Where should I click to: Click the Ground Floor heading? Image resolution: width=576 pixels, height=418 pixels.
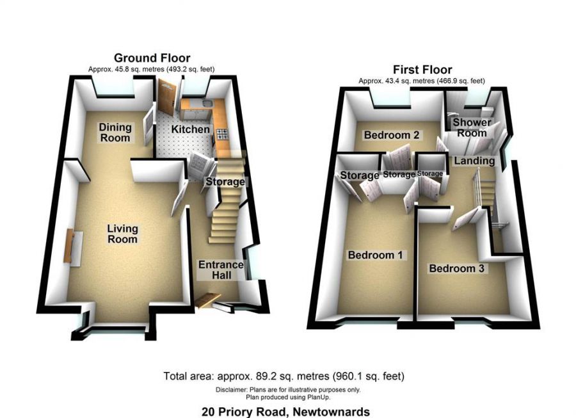point(152,58)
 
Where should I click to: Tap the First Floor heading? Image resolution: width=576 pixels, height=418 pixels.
point(422,69)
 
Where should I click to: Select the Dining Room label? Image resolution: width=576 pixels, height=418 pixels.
point(115,133)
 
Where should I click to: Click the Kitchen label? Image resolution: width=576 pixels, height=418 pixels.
point(190,129)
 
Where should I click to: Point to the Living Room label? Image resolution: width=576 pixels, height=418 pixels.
point(122,234)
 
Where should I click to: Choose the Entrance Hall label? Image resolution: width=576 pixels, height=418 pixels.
point(221,269)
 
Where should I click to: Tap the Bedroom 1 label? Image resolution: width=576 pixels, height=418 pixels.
point(375,255)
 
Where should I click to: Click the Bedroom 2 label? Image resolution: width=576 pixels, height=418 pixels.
point(392,135)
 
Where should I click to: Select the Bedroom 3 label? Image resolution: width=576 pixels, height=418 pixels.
point(456,268)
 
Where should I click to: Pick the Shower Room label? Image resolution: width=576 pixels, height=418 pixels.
point(472,127)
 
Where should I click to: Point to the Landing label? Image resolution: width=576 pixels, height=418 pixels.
point(474,161)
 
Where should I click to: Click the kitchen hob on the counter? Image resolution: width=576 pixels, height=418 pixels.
point(222,134)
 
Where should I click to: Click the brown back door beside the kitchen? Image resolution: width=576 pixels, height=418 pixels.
point(166,97)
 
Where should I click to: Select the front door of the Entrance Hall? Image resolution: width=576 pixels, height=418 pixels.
point(207,299)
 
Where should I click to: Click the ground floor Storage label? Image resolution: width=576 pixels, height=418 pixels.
point(225,181)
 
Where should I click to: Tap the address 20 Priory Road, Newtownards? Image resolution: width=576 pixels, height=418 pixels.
point(285,412)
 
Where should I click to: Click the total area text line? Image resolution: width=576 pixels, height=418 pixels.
point(284,376)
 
